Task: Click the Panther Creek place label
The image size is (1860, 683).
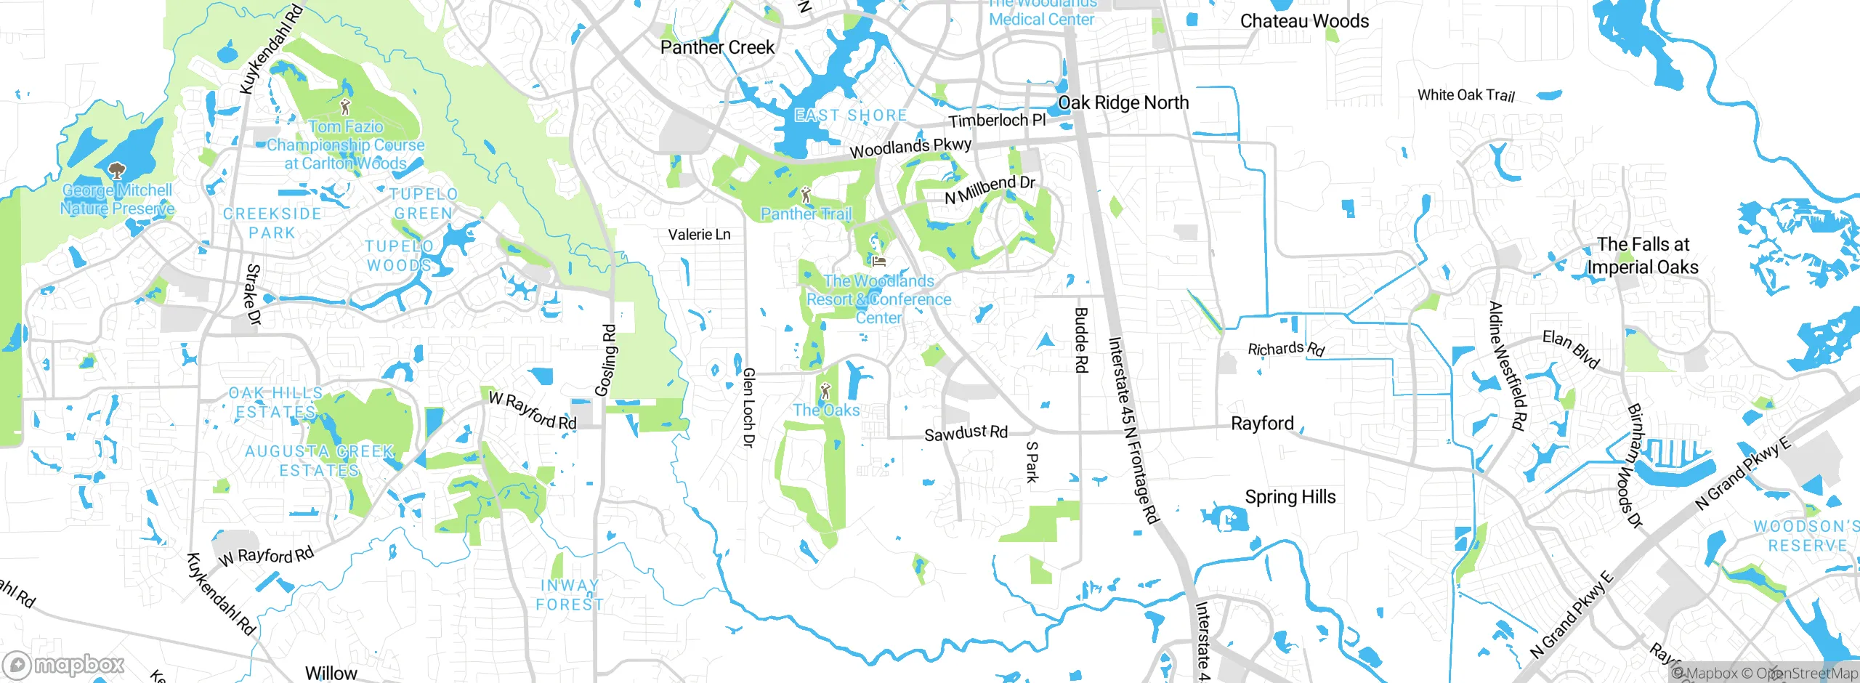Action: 717,48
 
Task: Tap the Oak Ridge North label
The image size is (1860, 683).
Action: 1123,103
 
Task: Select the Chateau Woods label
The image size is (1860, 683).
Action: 1304,21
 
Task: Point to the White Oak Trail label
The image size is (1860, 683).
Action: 1466,95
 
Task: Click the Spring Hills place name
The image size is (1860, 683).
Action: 1290,497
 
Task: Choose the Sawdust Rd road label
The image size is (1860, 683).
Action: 966,434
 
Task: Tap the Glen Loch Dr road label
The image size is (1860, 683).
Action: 748,407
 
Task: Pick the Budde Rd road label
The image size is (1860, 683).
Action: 1081,340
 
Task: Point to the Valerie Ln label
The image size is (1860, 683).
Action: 699,235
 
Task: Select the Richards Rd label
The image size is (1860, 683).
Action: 1286,349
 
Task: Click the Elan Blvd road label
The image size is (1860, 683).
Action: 1571,348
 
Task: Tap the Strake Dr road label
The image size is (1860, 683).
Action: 252,294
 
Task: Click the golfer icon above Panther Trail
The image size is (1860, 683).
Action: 805,195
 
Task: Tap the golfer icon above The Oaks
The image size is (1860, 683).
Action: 825,392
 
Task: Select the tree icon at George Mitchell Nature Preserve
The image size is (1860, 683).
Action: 116,171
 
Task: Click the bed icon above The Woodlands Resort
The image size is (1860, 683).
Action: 878,262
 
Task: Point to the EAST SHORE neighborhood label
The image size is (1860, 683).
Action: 850,116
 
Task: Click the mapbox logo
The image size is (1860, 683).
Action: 64,665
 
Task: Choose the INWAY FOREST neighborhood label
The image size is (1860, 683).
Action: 569,595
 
